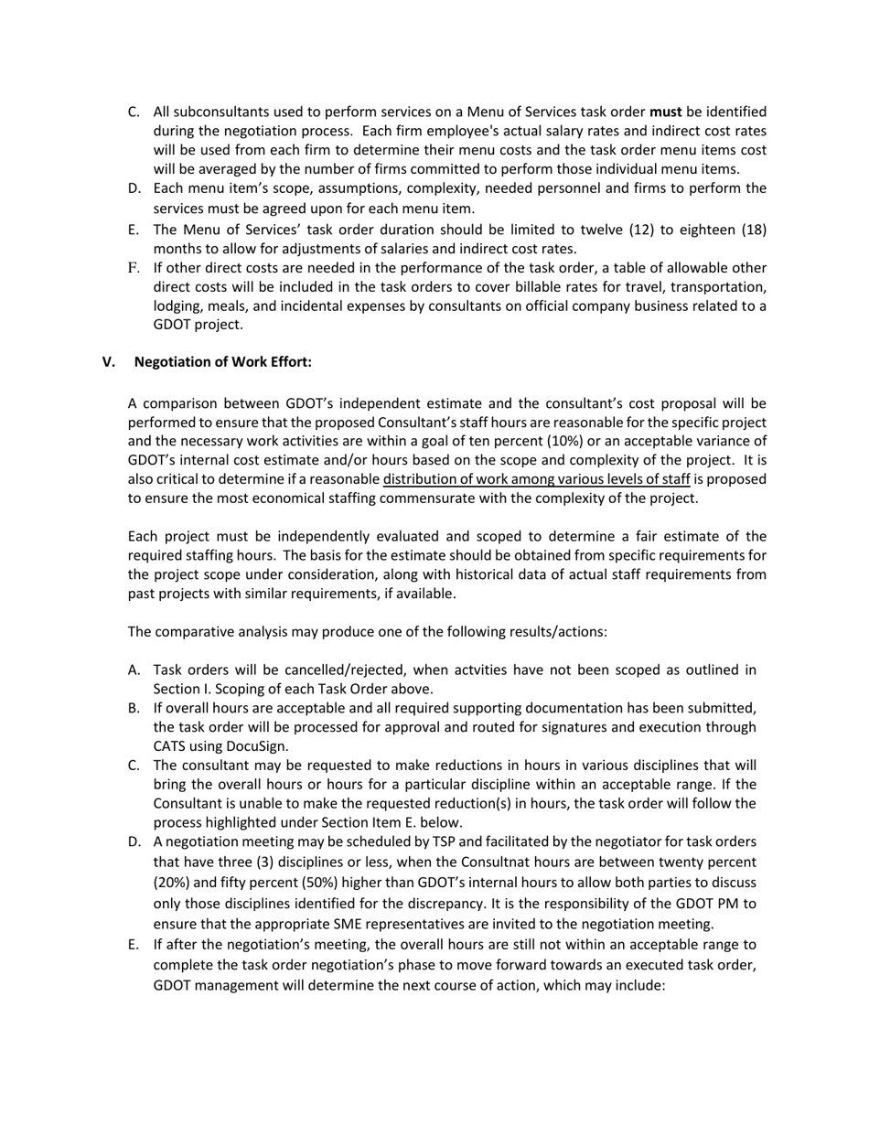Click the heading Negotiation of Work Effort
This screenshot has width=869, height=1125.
[x=222, y=361]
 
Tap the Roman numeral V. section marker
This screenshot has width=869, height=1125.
[x=109, y=361]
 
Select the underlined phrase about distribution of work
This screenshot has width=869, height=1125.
[x=536, y=479]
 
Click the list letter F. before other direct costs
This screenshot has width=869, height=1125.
[x=134, y=268]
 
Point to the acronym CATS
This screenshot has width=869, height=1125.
[x=171, y=746]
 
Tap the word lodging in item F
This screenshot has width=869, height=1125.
[x=178, y=306]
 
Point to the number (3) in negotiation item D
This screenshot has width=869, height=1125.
[x=260, y=862]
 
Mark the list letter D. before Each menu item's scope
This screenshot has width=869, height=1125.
[x=134, y=188]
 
